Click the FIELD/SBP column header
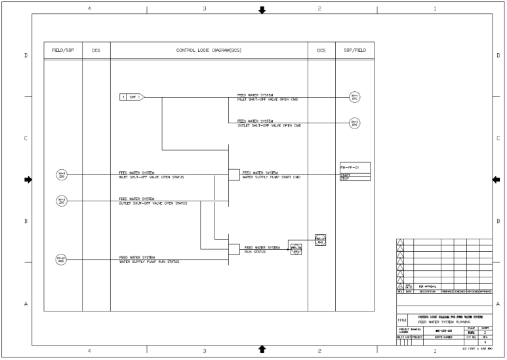pyautogui.click(x=63, y=50)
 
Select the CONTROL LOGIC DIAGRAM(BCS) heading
pyautogui.click(x=209, y=50)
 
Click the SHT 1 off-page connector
pyautogui.click(x=131, y=97)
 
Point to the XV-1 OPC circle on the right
pyautogui.click(x=355, y=98)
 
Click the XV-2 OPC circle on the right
pyautogui.click(x=355, y=123)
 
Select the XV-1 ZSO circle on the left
pyautogui.click(x=62, y=175)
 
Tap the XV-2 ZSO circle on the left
pyautogui.click(x=62, y=200)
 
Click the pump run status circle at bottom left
pyautogui.click(x=62, y=260)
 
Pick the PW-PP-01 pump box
pyautogui.click(x=355, y=171)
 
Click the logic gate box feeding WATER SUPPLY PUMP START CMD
pyautogui.click(x=233, y=175)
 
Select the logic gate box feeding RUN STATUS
pyautogui.click(x=233, y=249)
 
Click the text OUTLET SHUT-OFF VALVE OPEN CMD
pyautogui.click(x=267, y=125)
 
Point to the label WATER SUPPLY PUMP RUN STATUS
pyautogui.click(x=149, y=262)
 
